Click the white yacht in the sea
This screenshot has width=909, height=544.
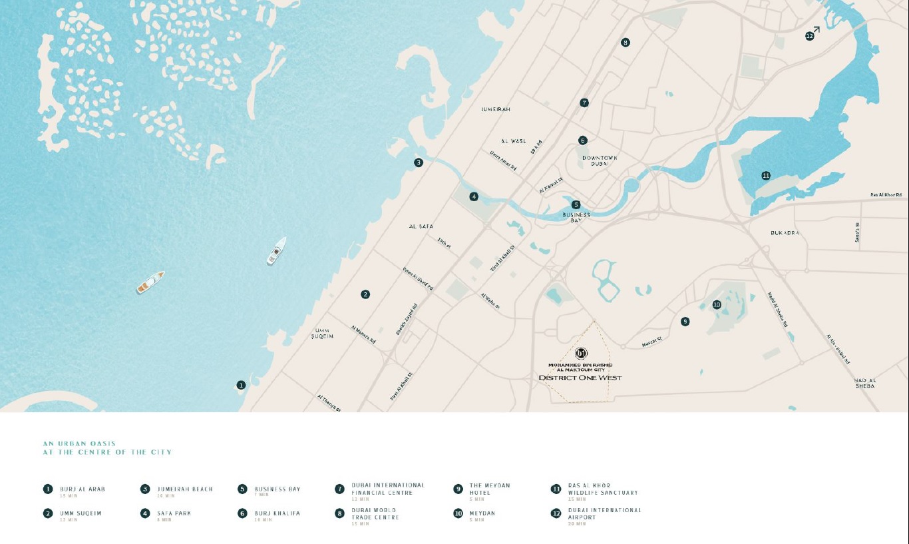pyautogui.click(x=276, y=251)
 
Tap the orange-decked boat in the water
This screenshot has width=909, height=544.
pyautogui.click(x=150, y=282)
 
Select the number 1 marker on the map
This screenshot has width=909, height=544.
pyautogui.click(x=241, y=385)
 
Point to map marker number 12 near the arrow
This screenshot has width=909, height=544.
pyautogui.click(x=809, y=36)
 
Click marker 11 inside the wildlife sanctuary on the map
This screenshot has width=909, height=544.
pyautogui.click(x=766, y=176)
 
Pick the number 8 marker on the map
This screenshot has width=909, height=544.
pyautogui.click(x=625, y=43)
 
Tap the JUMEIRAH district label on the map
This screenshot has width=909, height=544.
pyautogui.click(x=496, y=109)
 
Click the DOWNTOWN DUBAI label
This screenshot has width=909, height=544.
pyautogui.click(x=600, y=160)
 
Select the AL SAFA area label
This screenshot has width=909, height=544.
pyautogui.click(x=421, y=227)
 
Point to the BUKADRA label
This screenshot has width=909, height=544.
pyautogui.click(x=785, y=233)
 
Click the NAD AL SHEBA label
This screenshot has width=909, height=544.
pyautogui.click(x=865, y=383)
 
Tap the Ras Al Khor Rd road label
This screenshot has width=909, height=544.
pyautogui.click(x=886, y=195)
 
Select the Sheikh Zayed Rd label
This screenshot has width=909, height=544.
pyautogui.click(x=407, y=319)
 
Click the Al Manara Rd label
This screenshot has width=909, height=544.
pyautogui.click(x=363, y=335)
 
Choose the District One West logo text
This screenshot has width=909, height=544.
pyautogui.click(x=580, y=378)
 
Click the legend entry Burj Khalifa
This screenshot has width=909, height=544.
pyautogui.click(x=277, y=513)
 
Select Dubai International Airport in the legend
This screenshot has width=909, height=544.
pyautogui.click(x=604, y=513)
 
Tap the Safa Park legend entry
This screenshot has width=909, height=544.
pyautogui.click(x=174, y=513)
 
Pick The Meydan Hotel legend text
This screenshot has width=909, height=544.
pyautogui.click(x=490, y=489)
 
